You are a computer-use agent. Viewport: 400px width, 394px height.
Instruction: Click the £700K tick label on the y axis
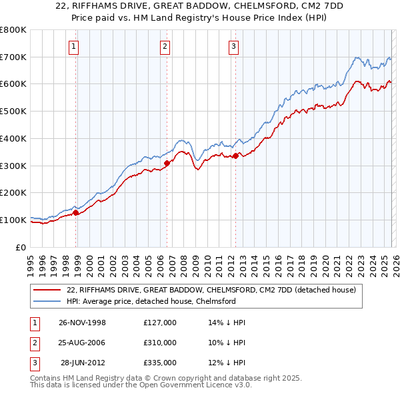[x=13, y=57]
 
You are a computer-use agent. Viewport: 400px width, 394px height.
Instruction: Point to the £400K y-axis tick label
[x=13, y=138]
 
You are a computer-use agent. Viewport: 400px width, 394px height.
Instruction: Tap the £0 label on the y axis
[x=21, y=247]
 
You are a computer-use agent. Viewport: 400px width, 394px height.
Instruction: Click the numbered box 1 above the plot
[x=73, y=46]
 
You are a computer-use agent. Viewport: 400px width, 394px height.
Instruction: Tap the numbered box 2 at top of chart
[x=165, y=46]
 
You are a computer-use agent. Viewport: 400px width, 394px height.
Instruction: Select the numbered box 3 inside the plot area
[x=234, y=46]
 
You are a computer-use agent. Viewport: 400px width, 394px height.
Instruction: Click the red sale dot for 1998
[x=76, y=212]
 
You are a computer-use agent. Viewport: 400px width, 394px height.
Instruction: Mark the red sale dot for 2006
[x=167, y=162]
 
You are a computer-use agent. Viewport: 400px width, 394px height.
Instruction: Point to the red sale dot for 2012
[x=235, y=156]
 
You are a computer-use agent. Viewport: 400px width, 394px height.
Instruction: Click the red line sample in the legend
[x=48, y=290]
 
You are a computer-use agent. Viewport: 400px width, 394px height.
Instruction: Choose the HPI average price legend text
[x=151, y=301]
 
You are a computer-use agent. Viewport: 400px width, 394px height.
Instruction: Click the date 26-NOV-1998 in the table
[x=81, y=323]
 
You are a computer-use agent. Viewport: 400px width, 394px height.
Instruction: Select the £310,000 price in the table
[x=160, y=343]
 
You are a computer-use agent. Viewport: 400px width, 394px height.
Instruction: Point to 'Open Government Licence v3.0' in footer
[x=193, y=385]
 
